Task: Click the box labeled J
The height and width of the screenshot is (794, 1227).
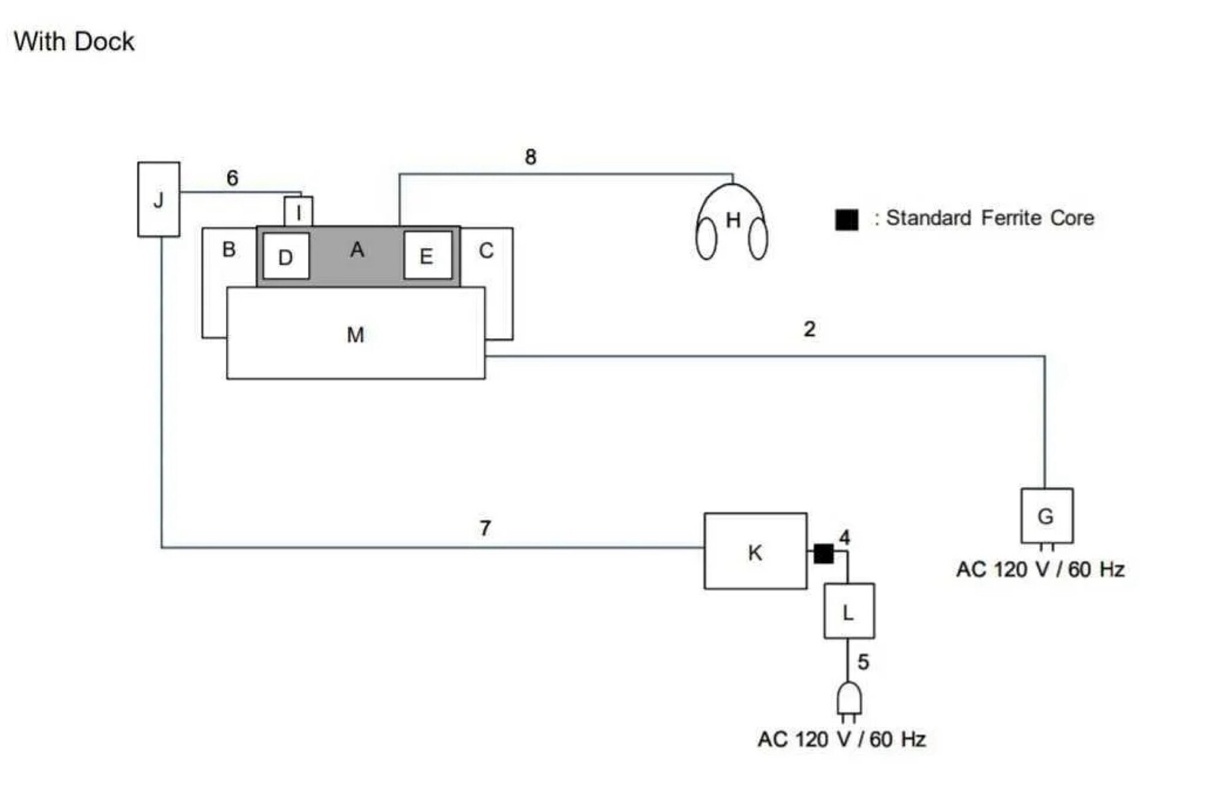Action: [158, 199]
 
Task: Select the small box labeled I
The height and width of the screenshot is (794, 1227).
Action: [298, 212]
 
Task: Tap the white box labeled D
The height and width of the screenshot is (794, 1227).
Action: [286, 256]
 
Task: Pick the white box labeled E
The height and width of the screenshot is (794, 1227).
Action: [427, 255]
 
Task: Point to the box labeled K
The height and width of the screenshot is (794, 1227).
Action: [755, 551]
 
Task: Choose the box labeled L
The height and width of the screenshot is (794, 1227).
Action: [848, 611]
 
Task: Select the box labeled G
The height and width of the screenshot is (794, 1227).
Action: [1046, 516]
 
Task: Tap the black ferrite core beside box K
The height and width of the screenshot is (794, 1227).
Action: [823, 553]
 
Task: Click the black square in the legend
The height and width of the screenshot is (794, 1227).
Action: [846, 219]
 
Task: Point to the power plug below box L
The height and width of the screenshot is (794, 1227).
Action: [849, 700]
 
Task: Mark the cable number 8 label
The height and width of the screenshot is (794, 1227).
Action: [530, 157]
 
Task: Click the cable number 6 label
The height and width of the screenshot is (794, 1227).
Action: [232, 178]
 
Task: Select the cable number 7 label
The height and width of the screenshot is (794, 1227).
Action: [485, 528]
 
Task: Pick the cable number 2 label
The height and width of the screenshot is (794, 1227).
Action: [809, 329]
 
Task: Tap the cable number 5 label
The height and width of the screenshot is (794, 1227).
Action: [863, 662]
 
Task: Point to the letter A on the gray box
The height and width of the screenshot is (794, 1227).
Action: [357, 249]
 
